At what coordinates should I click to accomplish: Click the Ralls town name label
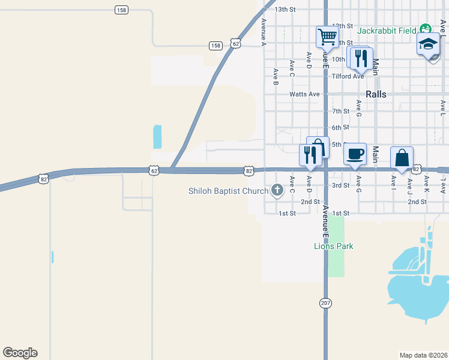(x=376, y=94)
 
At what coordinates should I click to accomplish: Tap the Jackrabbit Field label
(x=387, y=30)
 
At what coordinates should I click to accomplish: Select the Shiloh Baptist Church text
(x=229, y=191)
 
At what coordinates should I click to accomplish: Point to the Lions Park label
(x=334, y=246)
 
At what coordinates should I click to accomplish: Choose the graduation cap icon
(x=429, y=44)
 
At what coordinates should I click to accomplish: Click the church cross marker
(x=277, y=191)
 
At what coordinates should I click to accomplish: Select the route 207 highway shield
(x=325, y=304)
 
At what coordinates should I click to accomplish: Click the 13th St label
(x=285, y=10)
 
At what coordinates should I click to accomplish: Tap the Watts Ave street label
(x=304, y=94)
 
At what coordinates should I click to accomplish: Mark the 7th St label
(x=341, y=112)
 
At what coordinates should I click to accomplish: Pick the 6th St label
(x=341, y=128)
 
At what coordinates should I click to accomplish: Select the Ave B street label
(x=276, y=76)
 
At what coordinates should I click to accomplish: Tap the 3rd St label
(x=341, y=185)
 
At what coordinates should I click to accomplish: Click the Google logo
(x=20, y=353)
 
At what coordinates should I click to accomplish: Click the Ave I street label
(x=394, y=181)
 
